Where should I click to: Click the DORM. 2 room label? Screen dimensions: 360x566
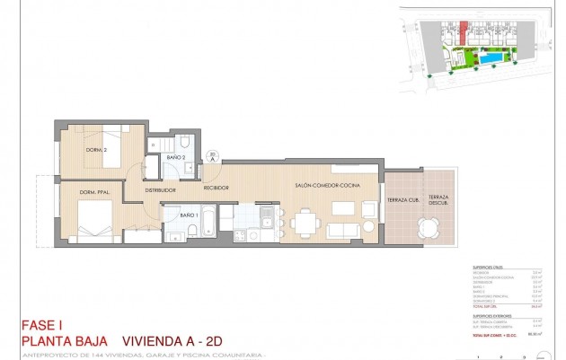click(x=97, y=150)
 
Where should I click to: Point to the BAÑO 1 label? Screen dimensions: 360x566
click(x=188, y=215)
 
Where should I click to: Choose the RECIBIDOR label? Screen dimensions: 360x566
click(x=216, y=188)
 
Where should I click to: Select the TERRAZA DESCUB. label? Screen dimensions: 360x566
click(x=438, y=200)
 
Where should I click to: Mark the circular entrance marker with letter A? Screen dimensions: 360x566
click(x=211, y=155)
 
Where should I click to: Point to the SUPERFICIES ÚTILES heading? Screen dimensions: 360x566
click(x=489, y=268)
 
